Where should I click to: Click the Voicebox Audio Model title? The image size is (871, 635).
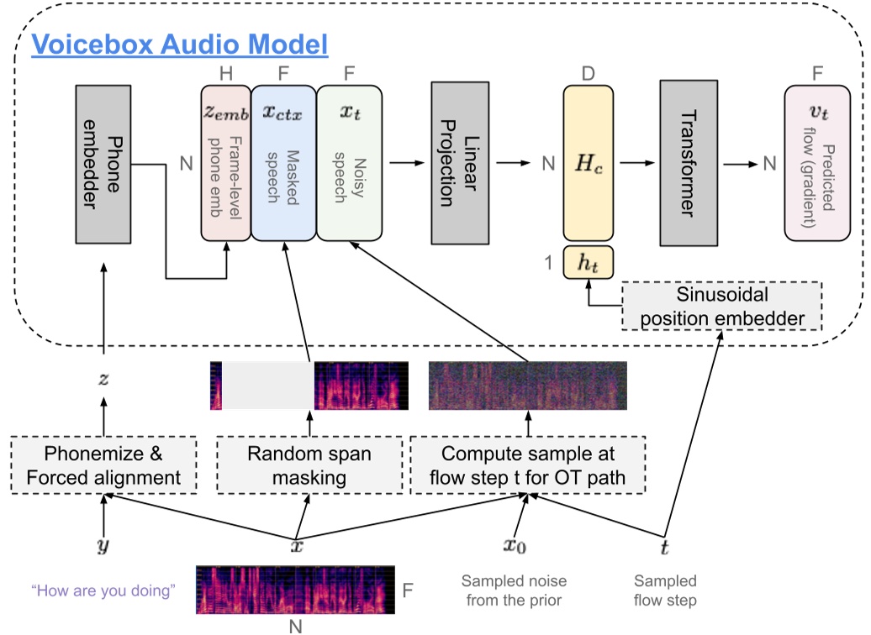click(178, 44)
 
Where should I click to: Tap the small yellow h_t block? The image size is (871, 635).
click(589, 262)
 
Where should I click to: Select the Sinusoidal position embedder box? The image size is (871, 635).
click(722, 307)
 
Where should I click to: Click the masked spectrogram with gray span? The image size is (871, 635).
click(309, 386)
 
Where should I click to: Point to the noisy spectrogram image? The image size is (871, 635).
click(528, 386)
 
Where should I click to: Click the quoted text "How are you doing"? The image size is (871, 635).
click(103, 590)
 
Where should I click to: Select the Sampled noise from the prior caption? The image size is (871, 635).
click(514, 590)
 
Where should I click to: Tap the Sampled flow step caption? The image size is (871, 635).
click(665, 590)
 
